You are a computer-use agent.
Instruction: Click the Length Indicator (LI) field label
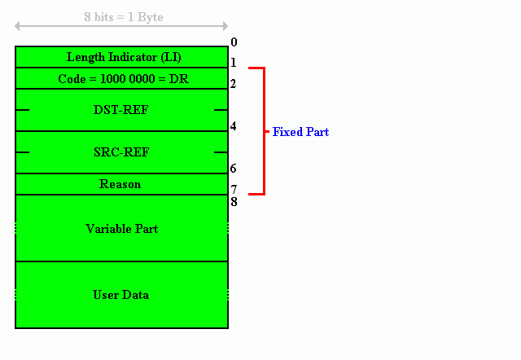[124, 57]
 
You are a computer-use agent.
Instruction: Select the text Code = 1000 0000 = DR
[123, 79]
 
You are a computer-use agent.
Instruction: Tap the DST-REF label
[121, 110]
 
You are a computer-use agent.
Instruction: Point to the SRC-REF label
[121, 152]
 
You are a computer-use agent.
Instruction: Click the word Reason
[120, 184]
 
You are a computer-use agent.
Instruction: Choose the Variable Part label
[121, 229]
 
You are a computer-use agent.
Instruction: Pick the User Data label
[121, 295]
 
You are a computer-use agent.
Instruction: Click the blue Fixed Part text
[300, 132]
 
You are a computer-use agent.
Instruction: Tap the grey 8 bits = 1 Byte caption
[124, 17]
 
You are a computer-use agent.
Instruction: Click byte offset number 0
[234, 42]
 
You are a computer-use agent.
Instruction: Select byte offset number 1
[234, 63]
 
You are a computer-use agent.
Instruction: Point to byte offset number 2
[234, 83]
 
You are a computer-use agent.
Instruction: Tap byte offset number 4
[234, 126]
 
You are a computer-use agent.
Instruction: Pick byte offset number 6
[234, 169]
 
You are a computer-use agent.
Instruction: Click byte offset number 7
[234, 190]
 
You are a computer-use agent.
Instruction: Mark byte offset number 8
[234, 202]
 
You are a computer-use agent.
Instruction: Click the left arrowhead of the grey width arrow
[17, 26]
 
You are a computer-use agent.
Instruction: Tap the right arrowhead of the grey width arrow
[225, 26]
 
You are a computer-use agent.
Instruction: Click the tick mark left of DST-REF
[23, 110]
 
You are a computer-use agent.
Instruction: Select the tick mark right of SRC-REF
[221, 152]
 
